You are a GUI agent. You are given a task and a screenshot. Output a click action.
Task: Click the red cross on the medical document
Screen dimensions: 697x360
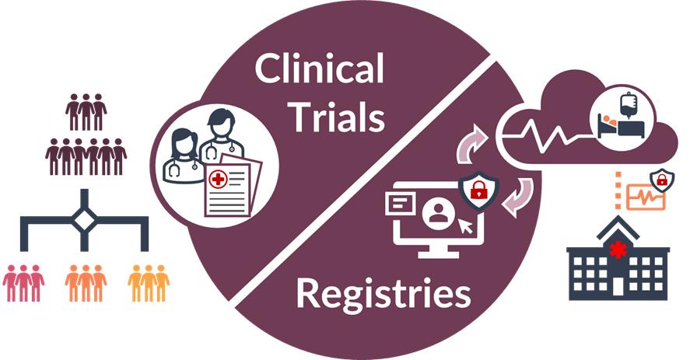(x=218, y=180)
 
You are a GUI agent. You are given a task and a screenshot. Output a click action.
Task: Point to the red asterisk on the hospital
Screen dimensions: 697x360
(x=618, y=250)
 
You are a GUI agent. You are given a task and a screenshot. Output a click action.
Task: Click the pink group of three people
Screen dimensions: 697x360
(x=23, y=283)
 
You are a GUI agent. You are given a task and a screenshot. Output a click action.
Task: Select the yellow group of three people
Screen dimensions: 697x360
(x=149, y=283)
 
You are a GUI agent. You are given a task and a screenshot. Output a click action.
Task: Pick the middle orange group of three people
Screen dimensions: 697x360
(x=86, y=283)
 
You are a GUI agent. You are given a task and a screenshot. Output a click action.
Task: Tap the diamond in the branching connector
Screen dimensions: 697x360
(x=85, y=219)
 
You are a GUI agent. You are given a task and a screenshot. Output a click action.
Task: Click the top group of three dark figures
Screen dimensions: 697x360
(x=86, y=111)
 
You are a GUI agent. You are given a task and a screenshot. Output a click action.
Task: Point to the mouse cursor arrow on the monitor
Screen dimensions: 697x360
(x=467, y=226)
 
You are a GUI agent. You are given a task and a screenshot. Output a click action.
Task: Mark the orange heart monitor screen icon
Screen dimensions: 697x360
(x=646, y=197)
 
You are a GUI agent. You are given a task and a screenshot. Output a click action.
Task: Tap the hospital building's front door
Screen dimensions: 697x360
(x=618, y=287)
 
